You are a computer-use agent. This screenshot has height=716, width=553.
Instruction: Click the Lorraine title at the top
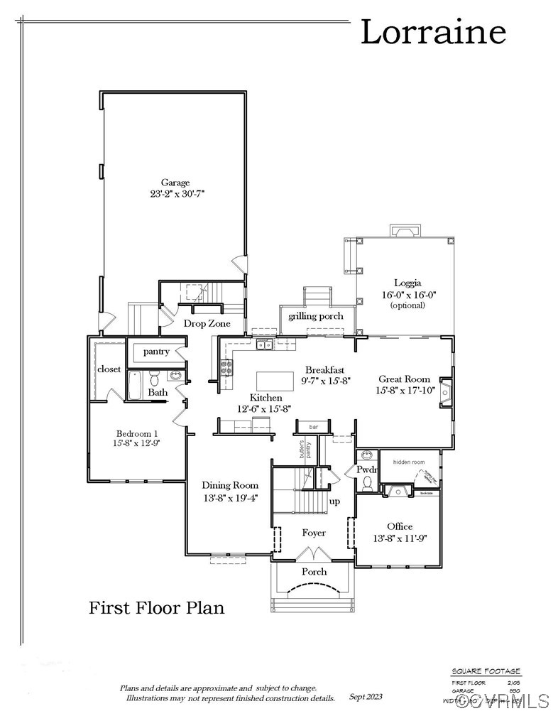pos(433,33)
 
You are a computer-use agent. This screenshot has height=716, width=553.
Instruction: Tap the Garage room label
pos(175,183)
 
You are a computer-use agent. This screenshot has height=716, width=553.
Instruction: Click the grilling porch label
pos(316,316)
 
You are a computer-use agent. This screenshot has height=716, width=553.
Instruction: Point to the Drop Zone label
pos(207,323)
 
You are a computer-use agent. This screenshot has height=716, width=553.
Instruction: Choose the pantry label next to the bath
pos(155,352)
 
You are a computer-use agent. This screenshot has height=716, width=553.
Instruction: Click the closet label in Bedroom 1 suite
pos(109,369)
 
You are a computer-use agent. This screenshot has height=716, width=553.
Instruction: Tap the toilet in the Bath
pos(154,379)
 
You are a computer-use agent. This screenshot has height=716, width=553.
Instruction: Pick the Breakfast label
pos(325,369)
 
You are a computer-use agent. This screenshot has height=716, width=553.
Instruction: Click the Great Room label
pos(402,379)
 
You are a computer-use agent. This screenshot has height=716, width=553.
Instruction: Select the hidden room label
pos(408,462)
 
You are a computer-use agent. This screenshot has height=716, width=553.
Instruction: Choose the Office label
pos(400,526)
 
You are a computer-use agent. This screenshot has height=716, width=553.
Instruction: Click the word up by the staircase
pos(334,501)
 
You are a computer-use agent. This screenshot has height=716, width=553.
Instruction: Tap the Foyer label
pos(314,533)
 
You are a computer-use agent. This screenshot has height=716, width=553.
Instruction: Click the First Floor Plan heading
pos(156,608)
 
